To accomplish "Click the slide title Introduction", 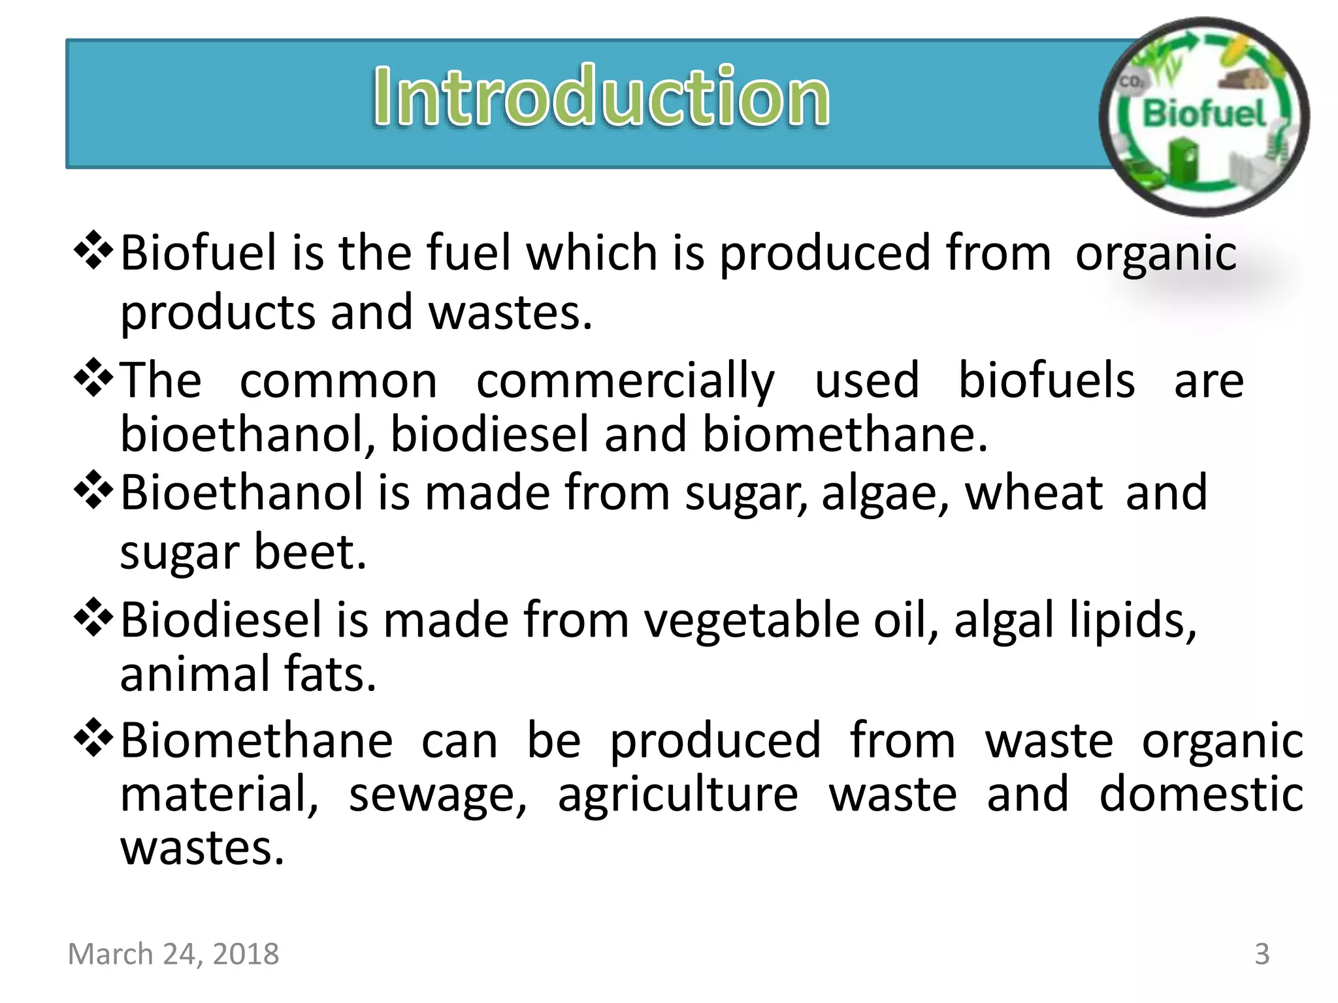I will [x=601, y=97].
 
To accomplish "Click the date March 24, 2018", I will [x=173, y=954].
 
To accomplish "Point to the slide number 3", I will [x=1262, y=954].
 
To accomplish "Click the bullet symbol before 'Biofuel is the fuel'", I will [x=94, y=250].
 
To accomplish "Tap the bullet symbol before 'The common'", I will [x=94, y=377].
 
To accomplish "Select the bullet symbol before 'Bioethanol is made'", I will [x=94, y=490].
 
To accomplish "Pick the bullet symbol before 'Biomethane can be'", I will [x=94, y=738].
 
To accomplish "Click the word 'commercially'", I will [x=625, y=381].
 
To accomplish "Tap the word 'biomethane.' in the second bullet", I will [x=845, y=434].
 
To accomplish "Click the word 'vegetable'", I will [x=752, y=620].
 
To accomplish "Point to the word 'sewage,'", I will [x=438, y=795].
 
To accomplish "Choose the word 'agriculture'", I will [x=677, y=795].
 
